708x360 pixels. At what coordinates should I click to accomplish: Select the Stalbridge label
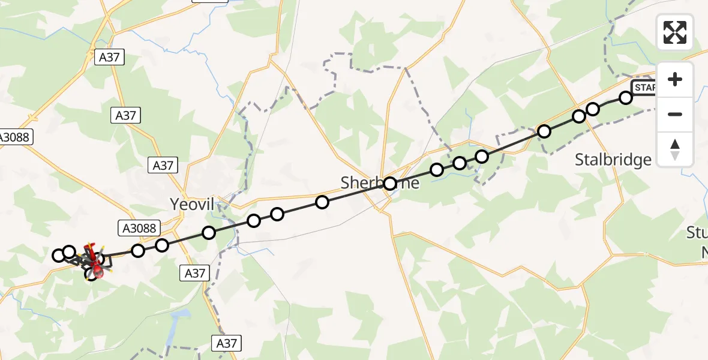[x=613, y=160]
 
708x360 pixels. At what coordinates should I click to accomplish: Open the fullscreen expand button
[x=675, y=32]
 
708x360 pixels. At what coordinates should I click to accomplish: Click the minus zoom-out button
[x=675, y=114]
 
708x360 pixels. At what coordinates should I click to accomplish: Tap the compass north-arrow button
[x=675, y=149]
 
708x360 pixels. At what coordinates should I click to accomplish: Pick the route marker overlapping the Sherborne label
[x=390, y=184]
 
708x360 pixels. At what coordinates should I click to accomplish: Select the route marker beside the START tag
[x=626, y=97]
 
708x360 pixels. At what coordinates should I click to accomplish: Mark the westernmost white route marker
[x=59, y=256]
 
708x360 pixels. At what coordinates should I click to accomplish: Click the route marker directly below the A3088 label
[x=139, y=250]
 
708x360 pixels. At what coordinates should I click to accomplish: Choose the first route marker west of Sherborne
[x=322, y=202]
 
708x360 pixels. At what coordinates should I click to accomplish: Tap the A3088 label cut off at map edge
[x=16, y=137]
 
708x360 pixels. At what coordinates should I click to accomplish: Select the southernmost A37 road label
[x=227, y=343]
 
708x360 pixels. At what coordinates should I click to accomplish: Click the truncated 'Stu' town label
[x=697, y=233]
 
